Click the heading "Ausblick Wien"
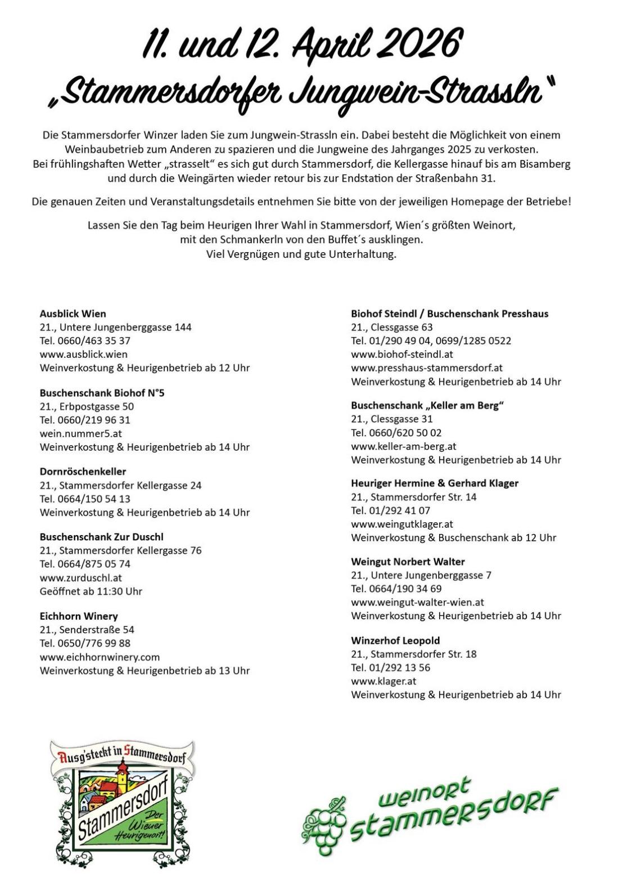coord(73,313)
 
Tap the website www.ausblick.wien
coord(83,354)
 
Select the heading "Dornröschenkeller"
coord(83,472)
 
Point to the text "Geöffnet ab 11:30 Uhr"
coord(91,591)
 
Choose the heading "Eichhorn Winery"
coord(79,616)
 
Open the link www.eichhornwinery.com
coord(100,657)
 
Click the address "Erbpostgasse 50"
coord(96,406)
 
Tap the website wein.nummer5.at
coord(80,433)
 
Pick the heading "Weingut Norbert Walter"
coord(408,562)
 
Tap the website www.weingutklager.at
coord(402,524)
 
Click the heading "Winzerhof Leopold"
coord(395,640)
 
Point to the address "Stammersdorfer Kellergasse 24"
coord(130,485)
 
